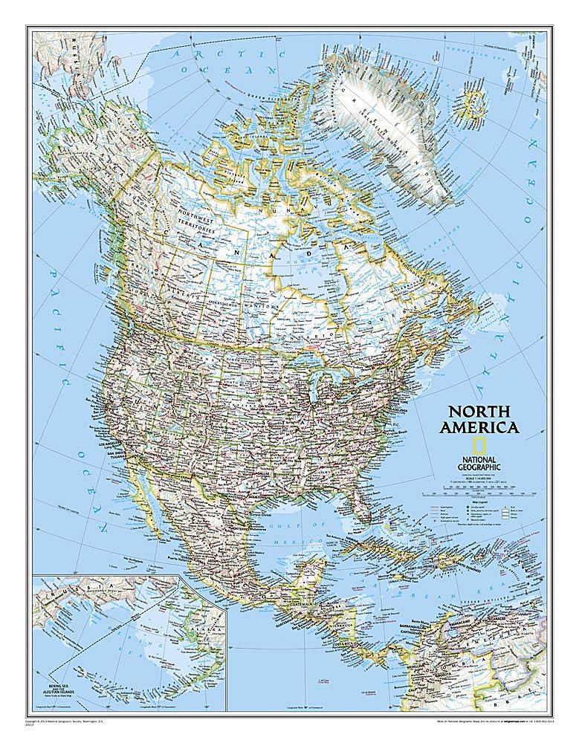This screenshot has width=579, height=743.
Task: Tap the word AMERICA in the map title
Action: click(x=479, y=427)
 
